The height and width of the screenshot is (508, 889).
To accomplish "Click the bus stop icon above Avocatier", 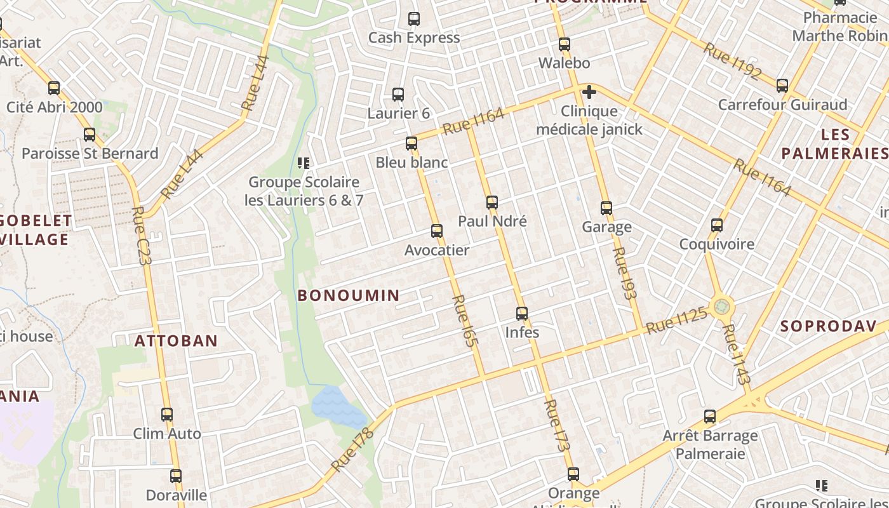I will click(437, 231).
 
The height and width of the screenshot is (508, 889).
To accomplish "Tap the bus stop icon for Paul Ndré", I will click(492, 203).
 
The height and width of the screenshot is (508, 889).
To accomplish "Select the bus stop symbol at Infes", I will click(522, 314).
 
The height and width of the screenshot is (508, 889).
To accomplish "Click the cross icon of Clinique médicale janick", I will click(589, 93).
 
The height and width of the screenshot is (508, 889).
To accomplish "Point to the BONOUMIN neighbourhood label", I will click(349, 295).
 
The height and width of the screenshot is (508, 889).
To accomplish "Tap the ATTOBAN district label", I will click(176, 341).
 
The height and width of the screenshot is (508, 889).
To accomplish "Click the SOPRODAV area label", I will click(819, 326).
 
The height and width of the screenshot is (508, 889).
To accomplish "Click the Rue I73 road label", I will click(557, 425).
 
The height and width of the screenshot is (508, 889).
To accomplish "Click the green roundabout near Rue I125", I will click(721, 307).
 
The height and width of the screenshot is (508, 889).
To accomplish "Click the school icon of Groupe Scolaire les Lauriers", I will click(304, 164).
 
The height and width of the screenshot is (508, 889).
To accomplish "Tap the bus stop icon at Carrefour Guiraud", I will click(782, 86).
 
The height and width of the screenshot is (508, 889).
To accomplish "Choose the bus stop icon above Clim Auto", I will click(167, 415).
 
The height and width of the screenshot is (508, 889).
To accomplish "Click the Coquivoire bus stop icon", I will click(717, 225).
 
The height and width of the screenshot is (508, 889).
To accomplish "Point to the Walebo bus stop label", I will click(565, 63).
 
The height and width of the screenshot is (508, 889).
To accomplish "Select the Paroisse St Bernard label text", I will click(90, 154).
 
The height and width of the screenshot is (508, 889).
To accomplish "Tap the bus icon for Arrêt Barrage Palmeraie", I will click(710, 417).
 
